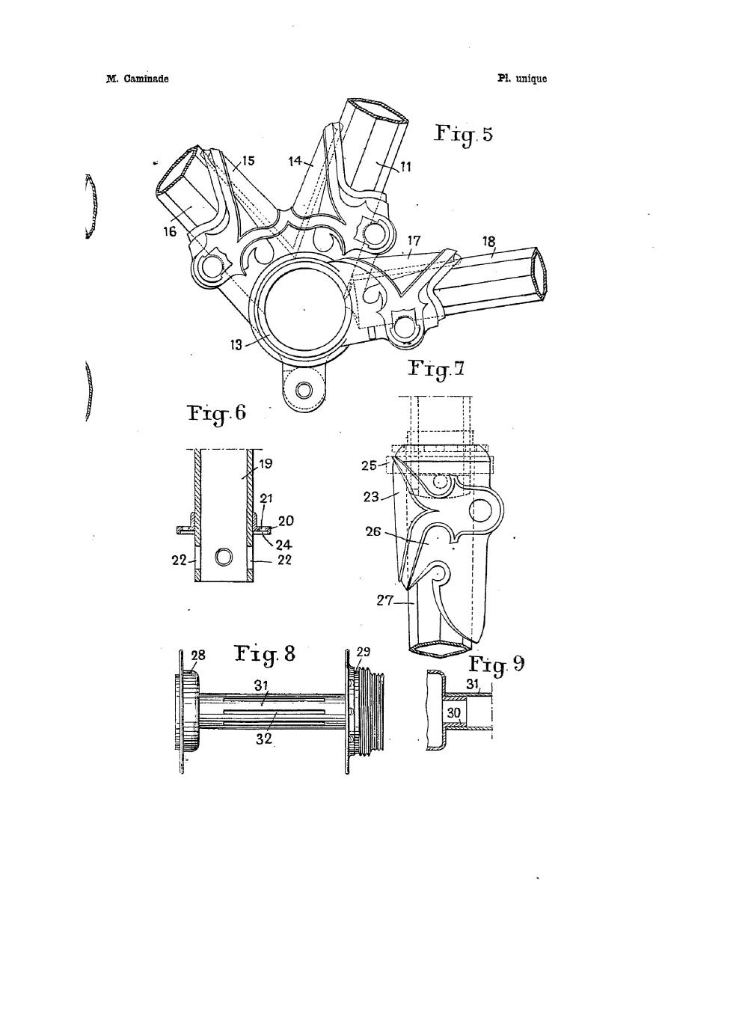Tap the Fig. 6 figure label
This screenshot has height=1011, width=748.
tap(217, 414)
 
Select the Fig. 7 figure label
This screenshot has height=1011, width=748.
tap(435, 368)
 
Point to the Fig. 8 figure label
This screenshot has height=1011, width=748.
tap(265, 655)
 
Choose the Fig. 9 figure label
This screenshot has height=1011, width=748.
tap(497, 665)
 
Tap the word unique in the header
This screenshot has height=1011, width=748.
tap(531, 79)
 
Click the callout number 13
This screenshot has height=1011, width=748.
tap(236, 345)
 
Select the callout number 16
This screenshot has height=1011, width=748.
tap(170, 231)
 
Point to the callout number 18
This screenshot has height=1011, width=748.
tap(488, 241)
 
